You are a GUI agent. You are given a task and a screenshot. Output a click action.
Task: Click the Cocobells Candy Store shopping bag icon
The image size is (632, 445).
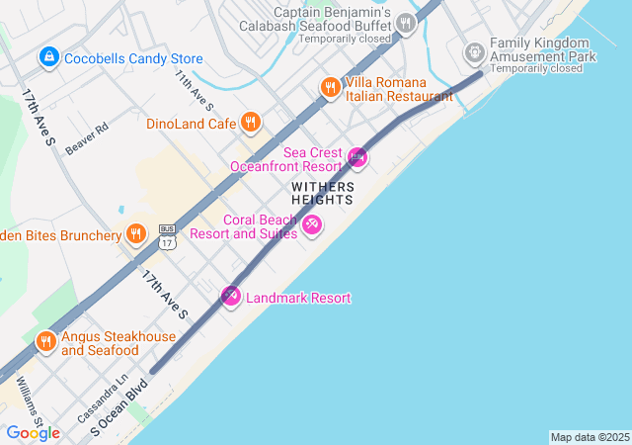click(x=48, y=59)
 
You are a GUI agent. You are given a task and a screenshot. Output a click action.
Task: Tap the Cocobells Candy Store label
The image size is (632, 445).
click(x=133, y=59)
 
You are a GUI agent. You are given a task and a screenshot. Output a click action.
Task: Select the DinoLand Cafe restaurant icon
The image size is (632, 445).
click(x=251, y=123)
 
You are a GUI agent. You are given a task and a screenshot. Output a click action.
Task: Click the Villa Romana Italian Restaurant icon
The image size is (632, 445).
click(x=330, y=88)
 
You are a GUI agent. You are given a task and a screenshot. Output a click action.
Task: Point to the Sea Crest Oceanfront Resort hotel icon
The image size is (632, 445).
click(x=357, y=157)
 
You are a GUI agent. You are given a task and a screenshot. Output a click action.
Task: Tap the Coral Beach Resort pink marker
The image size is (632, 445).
click(x=312, y=225)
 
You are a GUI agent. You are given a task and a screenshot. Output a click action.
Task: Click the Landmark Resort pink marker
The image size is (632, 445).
click(x=231, y=296)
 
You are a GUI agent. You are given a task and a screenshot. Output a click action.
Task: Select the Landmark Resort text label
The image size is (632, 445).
click(x=297, y=298)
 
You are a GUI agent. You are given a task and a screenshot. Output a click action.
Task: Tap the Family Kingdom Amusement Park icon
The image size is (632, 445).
click(x=475, y=50)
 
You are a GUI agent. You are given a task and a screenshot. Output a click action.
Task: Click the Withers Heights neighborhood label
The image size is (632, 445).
click(x=322, y=193)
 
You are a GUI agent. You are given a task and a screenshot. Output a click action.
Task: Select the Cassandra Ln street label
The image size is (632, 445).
click(x=109, y=393)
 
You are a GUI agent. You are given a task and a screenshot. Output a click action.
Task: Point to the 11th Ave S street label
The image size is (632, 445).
click(x=195, y=91)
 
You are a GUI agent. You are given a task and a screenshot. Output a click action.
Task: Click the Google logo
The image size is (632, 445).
click(x=33, y=433)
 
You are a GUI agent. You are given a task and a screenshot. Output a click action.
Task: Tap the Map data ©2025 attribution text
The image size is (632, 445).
click(x=590, y=437)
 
